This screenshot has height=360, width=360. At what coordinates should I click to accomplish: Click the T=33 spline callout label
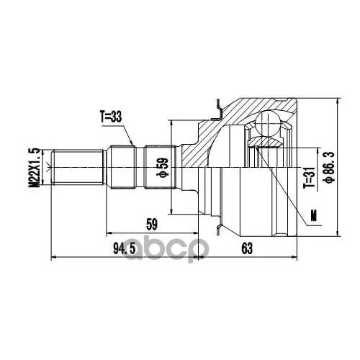click(x=111, y=117)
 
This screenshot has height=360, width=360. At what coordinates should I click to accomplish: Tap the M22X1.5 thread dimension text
click(x=34, y=168)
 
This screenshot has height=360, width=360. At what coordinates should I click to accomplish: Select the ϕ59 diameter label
click(x=163, y=167)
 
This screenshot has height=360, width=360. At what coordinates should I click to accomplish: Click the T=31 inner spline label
click(x=309, y=178)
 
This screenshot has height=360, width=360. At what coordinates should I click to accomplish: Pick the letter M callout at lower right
click(x=313, y=215)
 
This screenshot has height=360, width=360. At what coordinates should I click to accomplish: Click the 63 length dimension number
click(x=247, y=248)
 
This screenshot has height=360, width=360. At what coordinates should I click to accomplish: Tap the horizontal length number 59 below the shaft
click(x=152, y=225)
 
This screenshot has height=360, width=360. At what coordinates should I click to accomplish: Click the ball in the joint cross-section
click(x=267, y=123)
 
